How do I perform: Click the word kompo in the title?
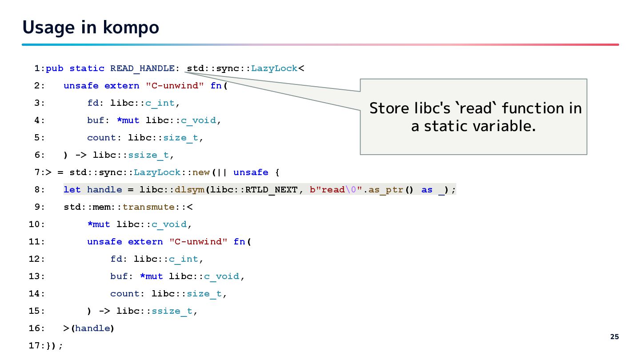pos(131,28)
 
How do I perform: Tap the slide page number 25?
pos(614,337)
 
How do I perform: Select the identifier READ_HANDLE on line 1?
pos(142,68)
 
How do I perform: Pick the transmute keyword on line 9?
pos(148,207)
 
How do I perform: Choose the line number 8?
pos(38,190)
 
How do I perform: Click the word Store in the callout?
pos(389,108)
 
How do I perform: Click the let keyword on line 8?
pos(72,190)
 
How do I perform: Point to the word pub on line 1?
pos(55,68)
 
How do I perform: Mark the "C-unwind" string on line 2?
pos(175,86)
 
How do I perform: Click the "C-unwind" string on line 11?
pos(198,242)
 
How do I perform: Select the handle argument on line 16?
pos(93,328)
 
